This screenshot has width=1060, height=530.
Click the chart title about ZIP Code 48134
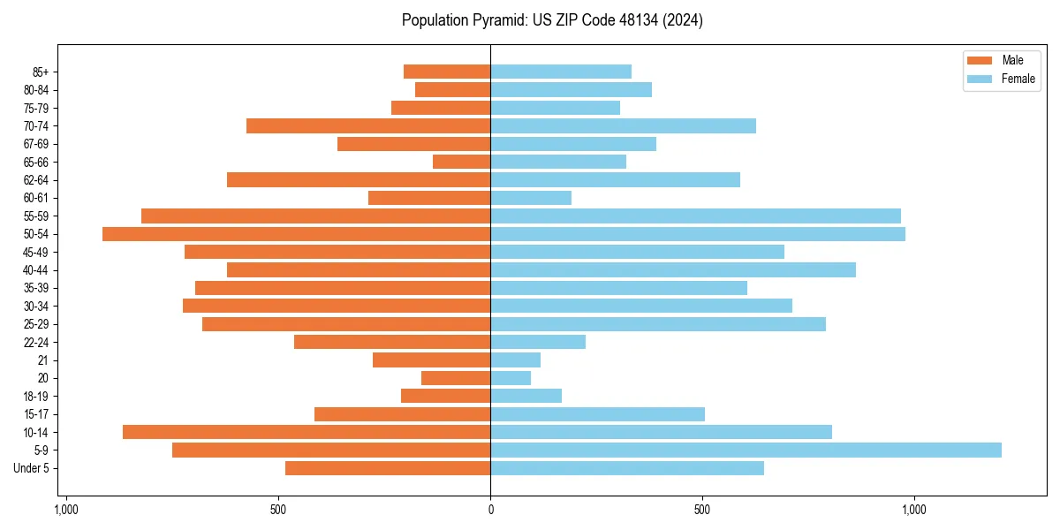(552, 20)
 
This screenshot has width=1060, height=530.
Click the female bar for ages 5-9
(746, 450)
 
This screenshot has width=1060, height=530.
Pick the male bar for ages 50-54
(296, 234)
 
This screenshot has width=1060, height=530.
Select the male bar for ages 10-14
(307, 432)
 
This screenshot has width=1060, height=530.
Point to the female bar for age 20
(511, 378)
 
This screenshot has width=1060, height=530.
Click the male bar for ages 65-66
(461, 162)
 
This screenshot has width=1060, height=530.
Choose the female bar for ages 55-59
(695, 216)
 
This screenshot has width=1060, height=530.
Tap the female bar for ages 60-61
(531, 198)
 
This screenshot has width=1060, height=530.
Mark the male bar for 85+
(447, 72)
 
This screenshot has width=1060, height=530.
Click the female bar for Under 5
(627, 468)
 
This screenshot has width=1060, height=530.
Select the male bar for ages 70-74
(368, 125)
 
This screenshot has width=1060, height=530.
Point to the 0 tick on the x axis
(490, 510)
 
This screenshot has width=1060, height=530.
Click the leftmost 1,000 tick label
(66, 510)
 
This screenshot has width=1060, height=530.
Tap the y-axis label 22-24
(36, 342)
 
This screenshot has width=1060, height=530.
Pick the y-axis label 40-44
(36, 270)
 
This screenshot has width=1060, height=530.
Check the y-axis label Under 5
(32, 468)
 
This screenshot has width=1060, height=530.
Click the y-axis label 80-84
(36, 90)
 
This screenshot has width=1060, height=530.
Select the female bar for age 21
(515, 360)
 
